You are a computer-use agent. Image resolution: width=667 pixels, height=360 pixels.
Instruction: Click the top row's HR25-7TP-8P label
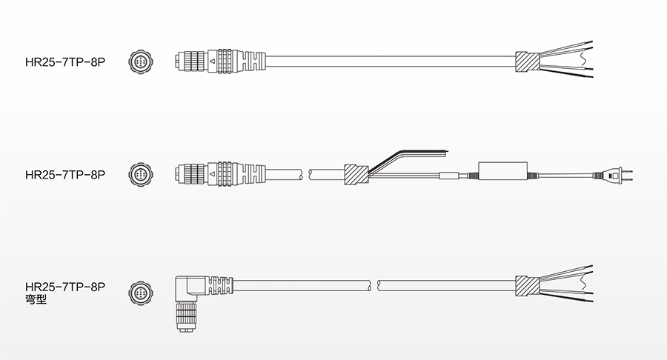tap(65, 62)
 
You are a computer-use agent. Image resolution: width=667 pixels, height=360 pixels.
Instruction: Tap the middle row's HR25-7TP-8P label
tap(65, 175)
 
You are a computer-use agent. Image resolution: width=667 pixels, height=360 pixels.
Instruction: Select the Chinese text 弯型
tap(36, 299)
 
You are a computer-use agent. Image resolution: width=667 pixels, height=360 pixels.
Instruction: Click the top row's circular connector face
tap(140, 61)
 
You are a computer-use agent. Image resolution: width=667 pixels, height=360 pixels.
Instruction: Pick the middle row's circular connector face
tap(140, 174)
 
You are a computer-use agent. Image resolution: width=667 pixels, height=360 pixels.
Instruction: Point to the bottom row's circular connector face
tap(140, 293)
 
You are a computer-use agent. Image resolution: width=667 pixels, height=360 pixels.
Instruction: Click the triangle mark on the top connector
tap(212, 61)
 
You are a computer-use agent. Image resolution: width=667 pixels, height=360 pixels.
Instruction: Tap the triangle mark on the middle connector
tap(212, 174)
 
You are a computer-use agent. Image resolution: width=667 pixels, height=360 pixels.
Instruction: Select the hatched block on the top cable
tap(528, 61)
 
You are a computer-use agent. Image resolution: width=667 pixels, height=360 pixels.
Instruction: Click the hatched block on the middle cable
tap(356, 174)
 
